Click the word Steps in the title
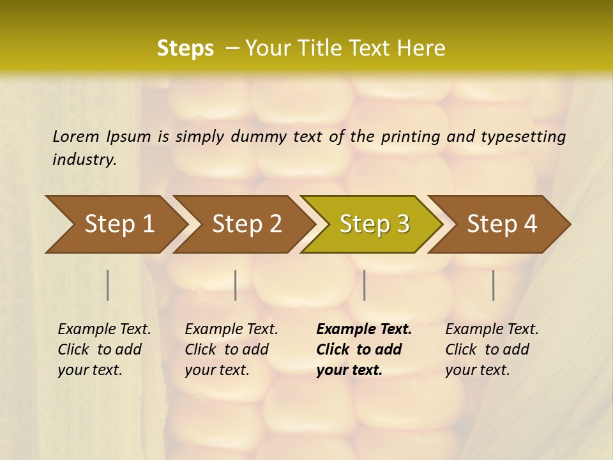click(185, 49)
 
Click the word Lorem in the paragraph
click(76, 136)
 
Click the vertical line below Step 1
click(108, 285)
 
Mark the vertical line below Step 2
click(236, 285)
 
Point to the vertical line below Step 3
click(364, 285)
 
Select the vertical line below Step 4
click(493, 285)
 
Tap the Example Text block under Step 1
click(104, 349)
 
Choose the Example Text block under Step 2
click(231, 349)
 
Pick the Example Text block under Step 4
click(492, 349)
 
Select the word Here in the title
click(424, 49)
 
